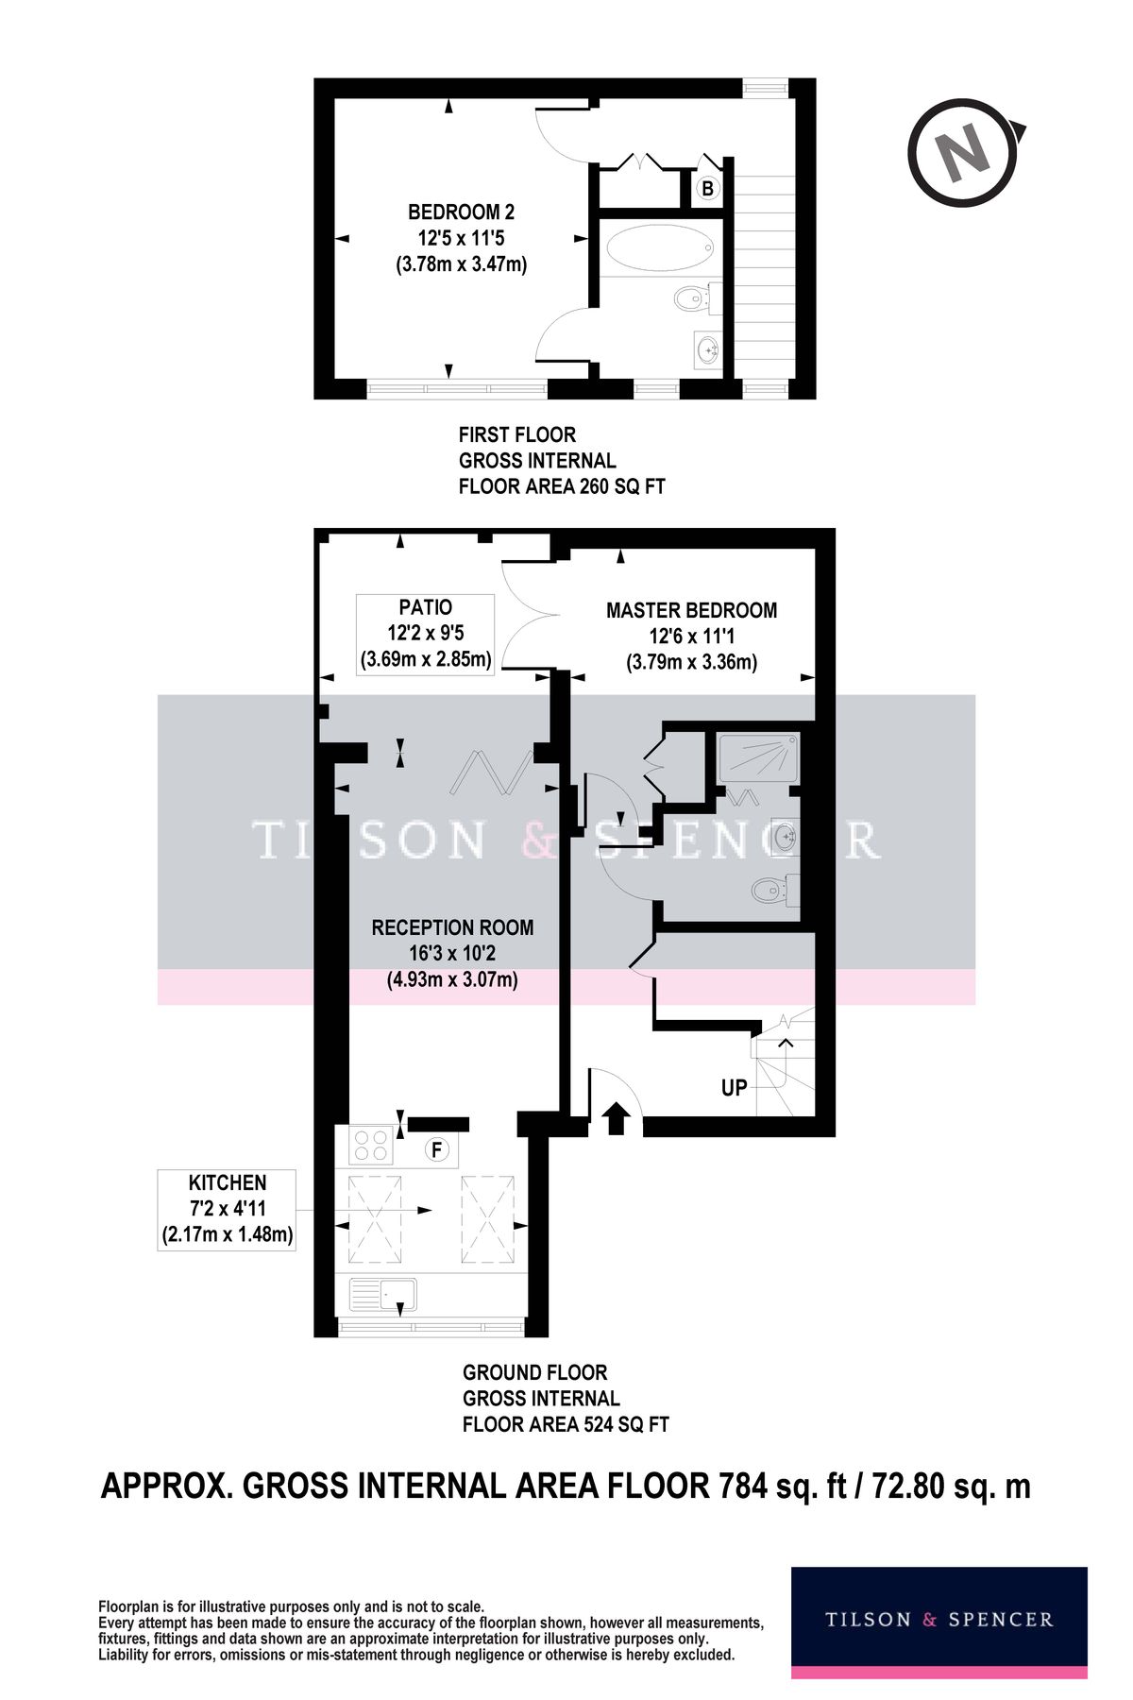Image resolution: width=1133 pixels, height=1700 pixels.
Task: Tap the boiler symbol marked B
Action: pyautogui.click(x=707, y=189)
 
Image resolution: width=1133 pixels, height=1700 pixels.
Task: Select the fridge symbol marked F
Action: pyautogui.click(x=437, y=1149)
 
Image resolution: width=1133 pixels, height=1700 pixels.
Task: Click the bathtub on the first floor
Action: pyautogui.click(x=659, y=250)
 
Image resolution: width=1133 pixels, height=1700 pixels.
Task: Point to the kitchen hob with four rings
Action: pyautogui.click(x=371, y=1146)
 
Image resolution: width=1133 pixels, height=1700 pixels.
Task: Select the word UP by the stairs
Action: pyautogui.click(x=735, y=1087)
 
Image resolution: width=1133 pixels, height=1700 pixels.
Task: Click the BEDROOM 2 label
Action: pyautogui.click(x=461, y=212)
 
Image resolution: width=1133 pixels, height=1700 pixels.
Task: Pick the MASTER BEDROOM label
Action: pyautogui.click(x=691, y=610)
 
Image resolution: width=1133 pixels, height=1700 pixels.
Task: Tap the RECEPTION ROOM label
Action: pyautogui.click(x=452, y=927)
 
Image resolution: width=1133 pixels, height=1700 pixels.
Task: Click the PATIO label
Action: pyautogui.click(x=426, y=607)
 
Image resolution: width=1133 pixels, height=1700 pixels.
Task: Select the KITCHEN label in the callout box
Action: pyautogui.click(x=227, y=1182)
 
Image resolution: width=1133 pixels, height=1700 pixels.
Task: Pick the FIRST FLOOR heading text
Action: pyautogui.click(x=516, y=434)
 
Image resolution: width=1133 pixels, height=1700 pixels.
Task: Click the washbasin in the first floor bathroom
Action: pyautogui.click(x=707, y=349)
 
